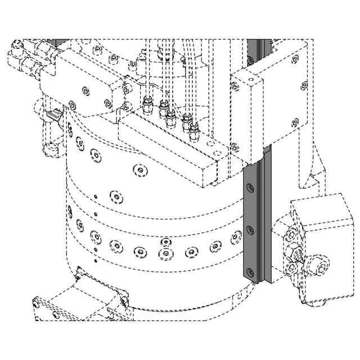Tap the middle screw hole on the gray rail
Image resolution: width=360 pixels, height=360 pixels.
pos(250,228)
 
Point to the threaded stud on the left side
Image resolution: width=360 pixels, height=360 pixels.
pos(55,114)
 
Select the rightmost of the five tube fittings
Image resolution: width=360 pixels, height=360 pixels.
pos(195,130)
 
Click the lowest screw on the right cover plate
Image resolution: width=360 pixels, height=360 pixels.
pos(295,120)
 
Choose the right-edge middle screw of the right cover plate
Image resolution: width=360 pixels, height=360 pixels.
pos(304,85)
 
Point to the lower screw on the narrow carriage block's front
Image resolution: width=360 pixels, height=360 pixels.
pos(235,147)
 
